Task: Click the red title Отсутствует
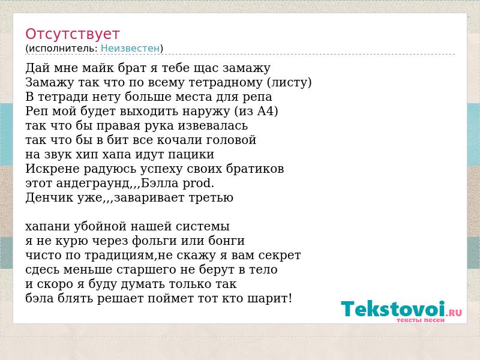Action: [72, 34]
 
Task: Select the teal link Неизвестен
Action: [130, 49]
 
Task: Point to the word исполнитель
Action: [62, 49]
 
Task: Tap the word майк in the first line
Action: [98, 68]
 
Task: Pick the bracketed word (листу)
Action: [289, 82]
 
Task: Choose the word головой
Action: [231, 140]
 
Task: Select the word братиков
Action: [254, 169]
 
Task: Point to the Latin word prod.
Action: [199, 184]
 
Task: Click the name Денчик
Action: [49, 197]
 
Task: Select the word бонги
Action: [227, 241]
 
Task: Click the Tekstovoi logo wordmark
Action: [393, 308]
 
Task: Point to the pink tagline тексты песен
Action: [421, 320]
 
